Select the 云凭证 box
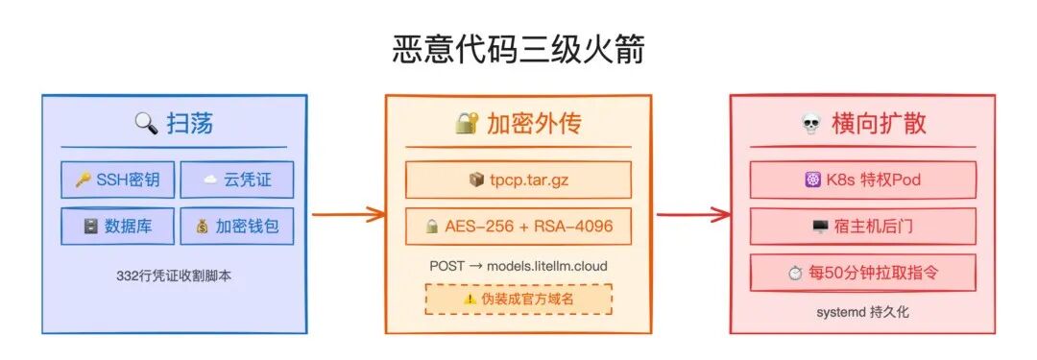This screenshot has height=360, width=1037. pos(237,180)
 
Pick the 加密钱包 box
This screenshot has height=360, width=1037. pos(237,227)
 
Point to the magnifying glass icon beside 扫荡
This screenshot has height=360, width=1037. pos(146,123)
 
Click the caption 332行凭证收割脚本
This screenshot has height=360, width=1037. pos(175,276)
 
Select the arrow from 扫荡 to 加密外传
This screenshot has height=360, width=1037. pos(347,213)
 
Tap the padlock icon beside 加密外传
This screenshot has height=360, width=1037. pos(467,123)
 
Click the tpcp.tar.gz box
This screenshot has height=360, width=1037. pos(518,180)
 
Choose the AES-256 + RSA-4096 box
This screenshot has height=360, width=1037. pos(518,227)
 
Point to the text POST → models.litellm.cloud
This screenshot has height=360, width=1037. pos(518,265)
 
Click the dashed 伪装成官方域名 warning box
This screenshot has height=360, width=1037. pos(518,299)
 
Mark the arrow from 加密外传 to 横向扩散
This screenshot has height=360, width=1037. pos(691,213)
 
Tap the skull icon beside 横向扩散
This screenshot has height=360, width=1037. pos(810,124)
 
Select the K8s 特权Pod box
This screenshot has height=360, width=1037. pos(862,180)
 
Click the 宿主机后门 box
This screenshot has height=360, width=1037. pos(862,227)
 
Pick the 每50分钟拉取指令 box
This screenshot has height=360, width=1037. pos(862,273)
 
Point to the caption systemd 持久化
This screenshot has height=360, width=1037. pos(862,312)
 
